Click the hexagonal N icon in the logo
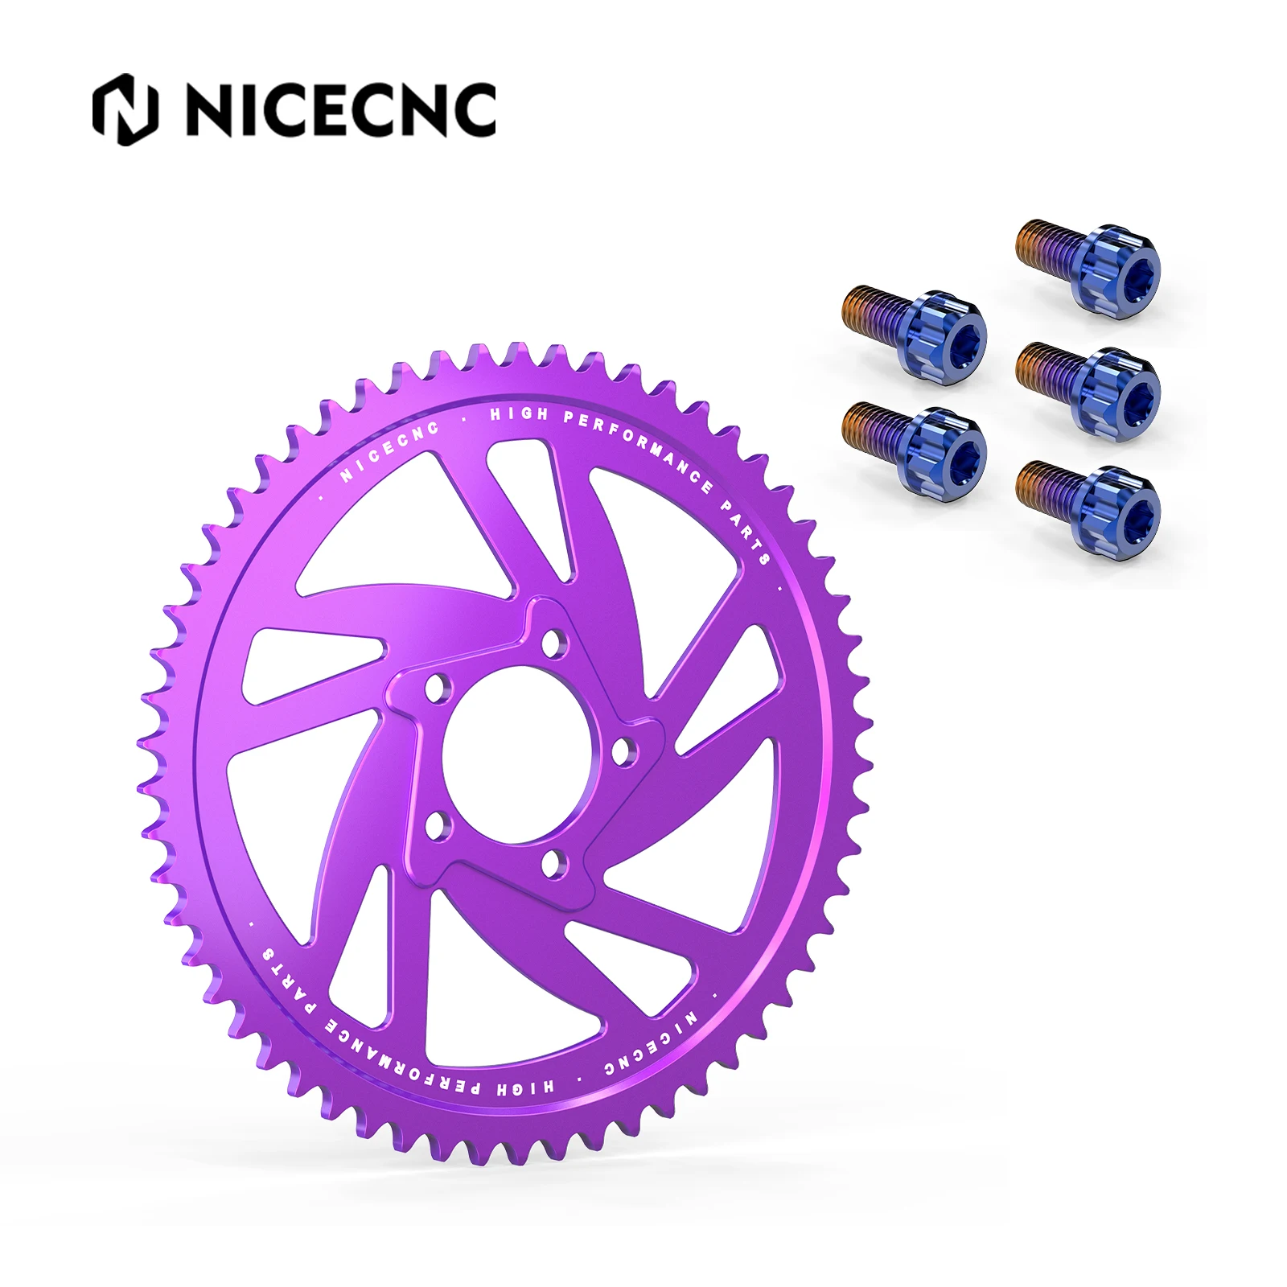(x=125, y=109)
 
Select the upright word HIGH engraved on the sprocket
(x=519, y=415)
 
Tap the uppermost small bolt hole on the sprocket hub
(x=553, y=643)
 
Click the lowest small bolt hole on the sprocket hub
(x=553, y=865)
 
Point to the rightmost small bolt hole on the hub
(x=621, y=751)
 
